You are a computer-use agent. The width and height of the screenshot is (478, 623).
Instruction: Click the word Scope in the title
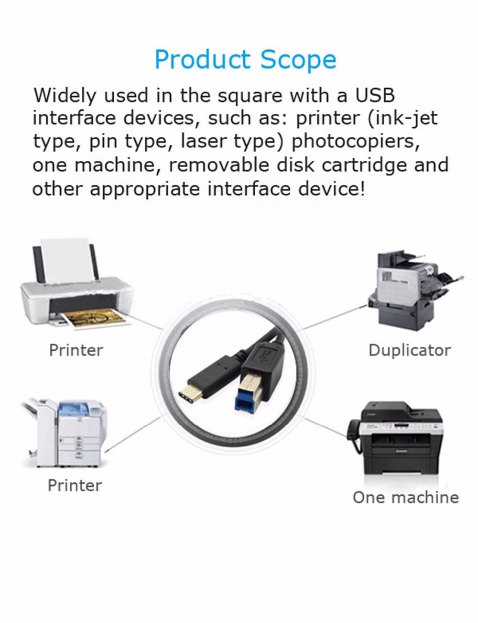coord(298,60)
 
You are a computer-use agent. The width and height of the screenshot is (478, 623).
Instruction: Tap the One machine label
coord(405,497)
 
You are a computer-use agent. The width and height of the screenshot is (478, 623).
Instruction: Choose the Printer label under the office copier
coord(75,485)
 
